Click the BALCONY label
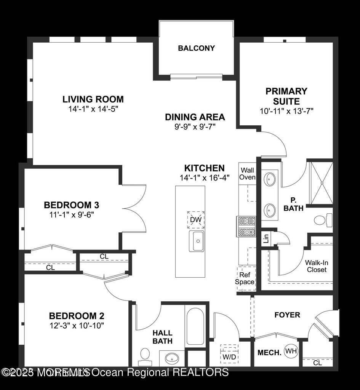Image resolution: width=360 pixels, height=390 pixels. tap(196, 48)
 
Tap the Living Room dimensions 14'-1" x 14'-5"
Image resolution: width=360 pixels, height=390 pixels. tap(93, 109)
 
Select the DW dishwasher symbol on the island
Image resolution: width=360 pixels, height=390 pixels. tap(196, 220)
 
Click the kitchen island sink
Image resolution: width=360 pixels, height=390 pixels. tap(197, 241)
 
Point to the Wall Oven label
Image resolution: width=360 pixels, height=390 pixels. tap(247, 174)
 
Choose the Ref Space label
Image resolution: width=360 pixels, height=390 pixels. tap(245, 278)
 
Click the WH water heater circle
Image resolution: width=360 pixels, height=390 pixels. tap(291, 351)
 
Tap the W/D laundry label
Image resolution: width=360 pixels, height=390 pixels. tap(229, 357)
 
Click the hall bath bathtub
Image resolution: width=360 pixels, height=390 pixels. tap(197, 324)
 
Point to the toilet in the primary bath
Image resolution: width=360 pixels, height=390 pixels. tap(323, 220)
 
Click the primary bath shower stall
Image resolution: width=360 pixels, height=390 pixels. tap(321, 182)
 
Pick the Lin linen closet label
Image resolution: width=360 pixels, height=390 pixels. tap(266, 239)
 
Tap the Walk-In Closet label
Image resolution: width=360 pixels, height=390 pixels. tap(316, 266)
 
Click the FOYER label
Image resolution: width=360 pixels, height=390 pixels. tap(287, 315)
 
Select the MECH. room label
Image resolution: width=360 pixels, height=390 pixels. tap(269, 352)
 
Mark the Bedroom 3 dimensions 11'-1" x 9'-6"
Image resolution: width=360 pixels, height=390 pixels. tap(72, 214)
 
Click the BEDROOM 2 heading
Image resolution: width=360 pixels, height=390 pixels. tap(77, 316)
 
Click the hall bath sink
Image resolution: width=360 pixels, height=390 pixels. tap(172, 358)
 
